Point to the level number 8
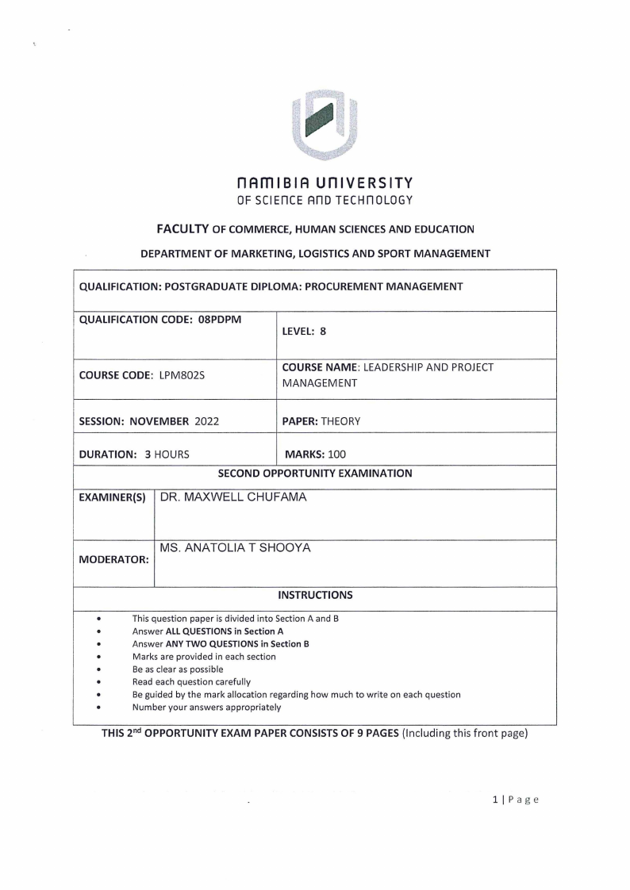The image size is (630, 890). [x=323, y=332]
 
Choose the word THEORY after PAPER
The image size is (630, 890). [x=340, y=421]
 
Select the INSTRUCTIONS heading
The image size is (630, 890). [x=315, y=594]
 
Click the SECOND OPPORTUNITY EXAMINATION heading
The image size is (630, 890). [x=315, y=474]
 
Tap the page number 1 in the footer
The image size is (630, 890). [x=494, y=799]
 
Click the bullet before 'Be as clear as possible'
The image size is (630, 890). [x=98, y=669]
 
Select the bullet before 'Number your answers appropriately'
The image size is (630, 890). [x=98, y=707]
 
